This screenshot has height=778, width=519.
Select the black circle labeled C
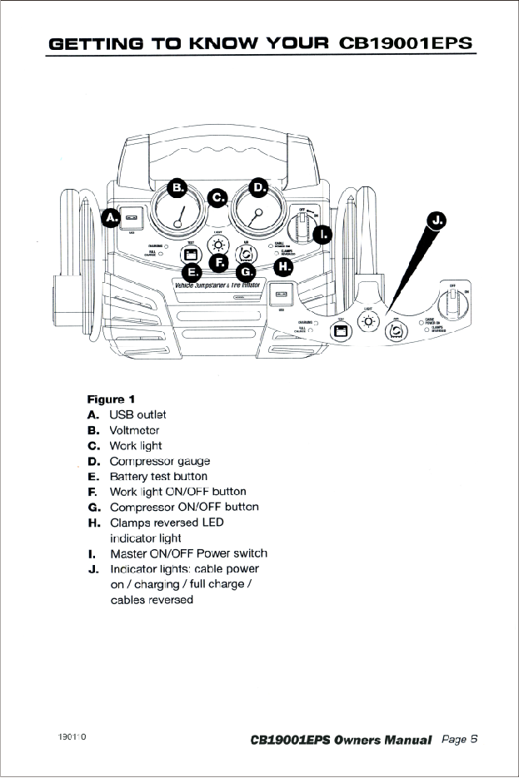pos(218,198)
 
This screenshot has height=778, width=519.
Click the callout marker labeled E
pos(191,271)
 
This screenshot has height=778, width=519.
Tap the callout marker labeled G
pos(246,271)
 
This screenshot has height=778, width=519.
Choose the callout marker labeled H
pos(284,266)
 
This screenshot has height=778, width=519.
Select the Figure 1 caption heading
pos(112,399)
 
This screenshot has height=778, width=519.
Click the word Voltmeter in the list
pos(134,430)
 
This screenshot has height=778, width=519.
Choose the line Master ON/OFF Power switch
pos(188,553)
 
